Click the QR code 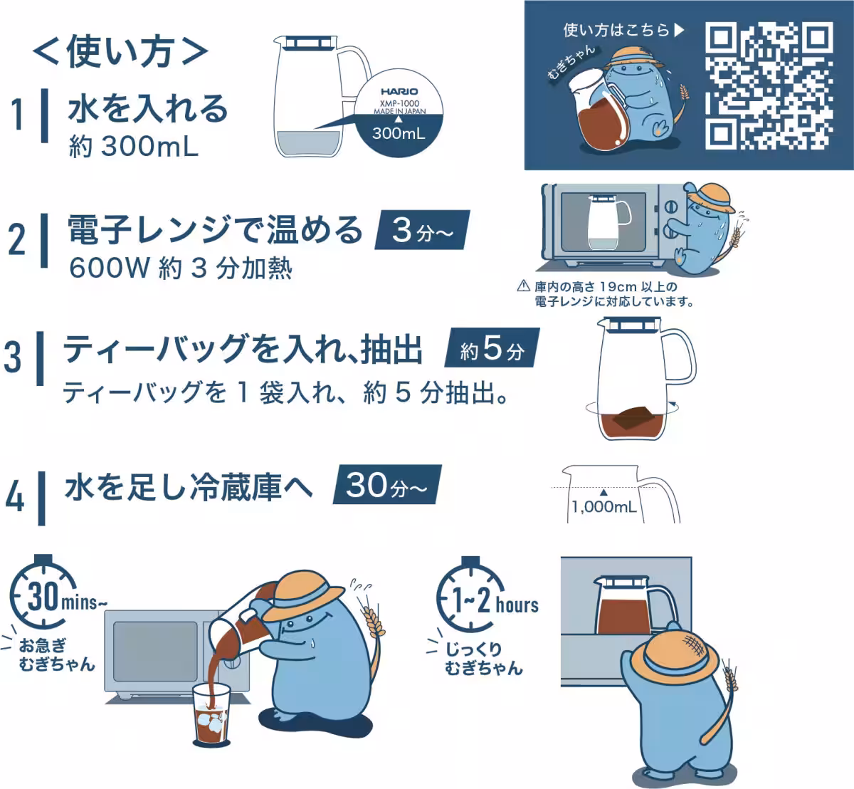(769, 86)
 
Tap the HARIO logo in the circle (399, 92)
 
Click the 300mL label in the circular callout (399, 133)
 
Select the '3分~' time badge (423, 230)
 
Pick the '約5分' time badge (492, 348)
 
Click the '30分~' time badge (387, 484)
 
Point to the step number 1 (17, 115)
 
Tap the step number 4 (15, 497)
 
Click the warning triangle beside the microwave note (523, 286)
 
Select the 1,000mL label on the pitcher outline (604, 507)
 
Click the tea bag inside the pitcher (634, 417)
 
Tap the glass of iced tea (211, 715)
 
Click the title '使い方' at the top (120, 52)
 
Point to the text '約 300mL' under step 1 (133, 147)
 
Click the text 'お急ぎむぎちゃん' (57, 654)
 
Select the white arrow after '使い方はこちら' (679, 30)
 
